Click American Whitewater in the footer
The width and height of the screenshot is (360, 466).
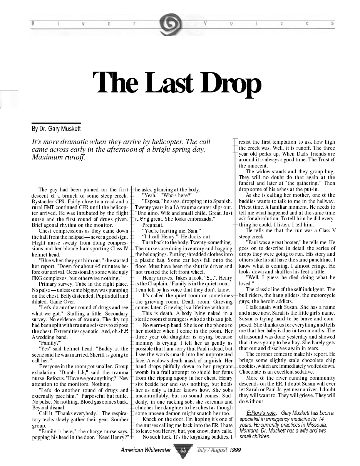click(146, 450)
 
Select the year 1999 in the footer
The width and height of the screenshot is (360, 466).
click(235, 450)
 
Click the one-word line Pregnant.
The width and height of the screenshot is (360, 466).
click(153, 225)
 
